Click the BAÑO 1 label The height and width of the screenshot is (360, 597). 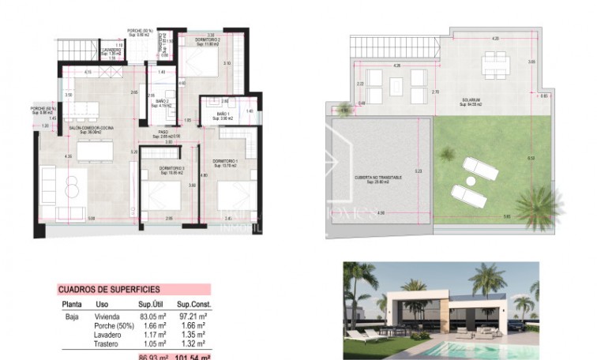point(223,115)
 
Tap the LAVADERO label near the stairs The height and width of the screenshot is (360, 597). point(111,51)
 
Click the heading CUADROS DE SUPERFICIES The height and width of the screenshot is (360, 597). point(109,290)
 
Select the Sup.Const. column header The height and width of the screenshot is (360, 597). point(192,304)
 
